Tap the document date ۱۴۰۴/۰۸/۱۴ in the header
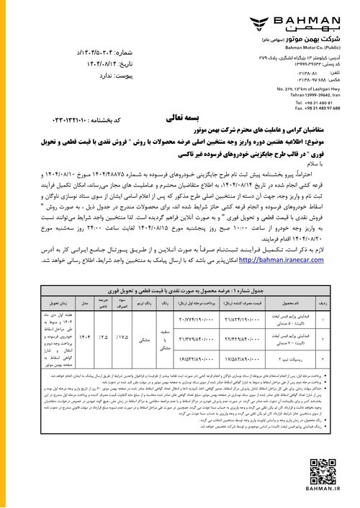tap(55, 63)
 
